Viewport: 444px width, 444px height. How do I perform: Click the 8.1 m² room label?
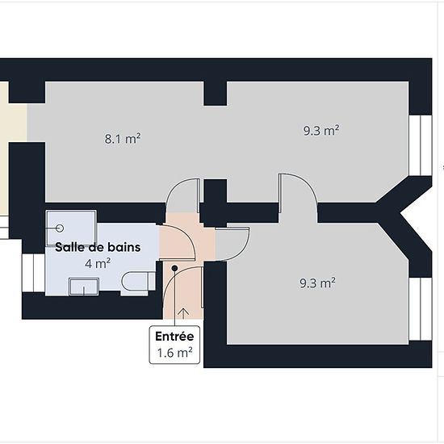[x=123, y=139]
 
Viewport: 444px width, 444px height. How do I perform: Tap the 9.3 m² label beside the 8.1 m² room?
[x=321, y=131]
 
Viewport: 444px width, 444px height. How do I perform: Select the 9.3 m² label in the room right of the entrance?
[x=318, y=283]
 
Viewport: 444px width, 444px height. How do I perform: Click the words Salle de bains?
[x=98, y=247]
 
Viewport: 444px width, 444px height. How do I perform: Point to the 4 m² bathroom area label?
[x=98, y=264]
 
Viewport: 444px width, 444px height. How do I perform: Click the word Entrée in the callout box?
[x=174, y=337]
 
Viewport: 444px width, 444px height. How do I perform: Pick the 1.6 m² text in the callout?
[x=174, y=353]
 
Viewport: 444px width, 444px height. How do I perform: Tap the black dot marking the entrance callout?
[x=174, y=268]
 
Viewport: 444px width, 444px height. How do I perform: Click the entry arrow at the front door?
[x=184, y=313]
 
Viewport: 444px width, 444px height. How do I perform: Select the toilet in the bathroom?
[x=139, y=281]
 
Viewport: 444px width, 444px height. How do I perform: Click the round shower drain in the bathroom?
[x=60, y=228]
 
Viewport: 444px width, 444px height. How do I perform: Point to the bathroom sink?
[x=84, y=287]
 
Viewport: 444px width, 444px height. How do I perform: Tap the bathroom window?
[x=33, y=273]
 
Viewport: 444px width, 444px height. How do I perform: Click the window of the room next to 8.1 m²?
[x=421, y=145]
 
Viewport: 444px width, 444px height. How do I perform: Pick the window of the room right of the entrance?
[x=421, y=308]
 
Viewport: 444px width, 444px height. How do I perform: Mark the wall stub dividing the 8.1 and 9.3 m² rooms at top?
[x=216, y=94]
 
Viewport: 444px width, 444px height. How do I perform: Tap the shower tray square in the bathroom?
[x=71, y=228]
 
